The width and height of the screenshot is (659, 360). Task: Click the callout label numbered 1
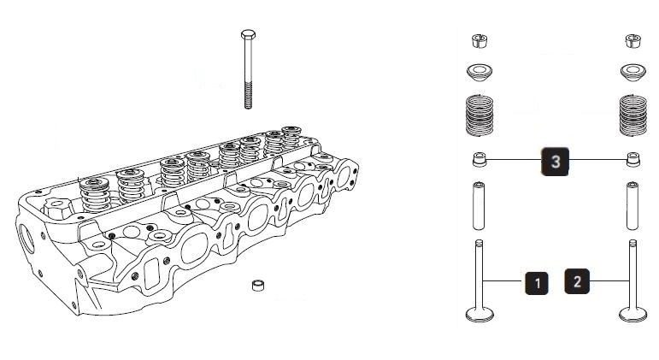pyautogui.click(x=536, y=282)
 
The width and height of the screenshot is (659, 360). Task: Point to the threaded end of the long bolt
pyautogui.click(x=249, y=94)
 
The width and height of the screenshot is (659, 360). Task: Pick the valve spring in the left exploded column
pyautogui.click(x=480, y=114)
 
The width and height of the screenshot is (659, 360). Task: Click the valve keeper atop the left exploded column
pyautogui.click(x=480, y=40)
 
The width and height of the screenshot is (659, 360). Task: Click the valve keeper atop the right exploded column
pyautogui.click(x=633, y=40)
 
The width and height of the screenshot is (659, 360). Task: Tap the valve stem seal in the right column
pyautogui.click(x=633, y=160)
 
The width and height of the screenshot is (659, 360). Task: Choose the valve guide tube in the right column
pyautogui.click(x=633, y=205)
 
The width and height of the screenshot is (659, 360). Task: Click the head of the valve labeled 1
pyautogui.click(x=480, y=313)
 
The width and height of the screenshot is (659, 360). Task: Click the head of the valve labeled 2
pyautogui.click(x=633, y=313)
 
